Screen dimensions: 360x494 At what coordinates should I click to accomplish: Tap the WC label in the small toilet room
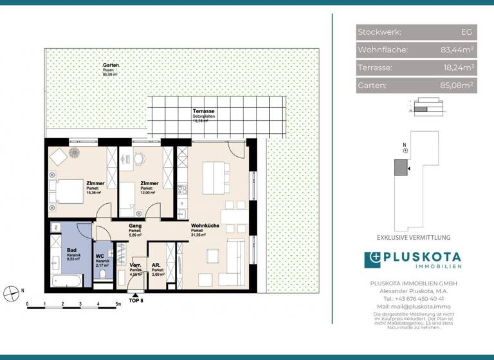click(100, 256)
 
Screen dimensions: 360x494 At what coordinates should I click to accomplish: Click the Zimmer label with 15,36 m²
click(94, 183)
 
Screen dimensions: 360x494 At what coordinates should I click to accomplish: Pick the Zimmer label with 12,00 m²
click(149, 183)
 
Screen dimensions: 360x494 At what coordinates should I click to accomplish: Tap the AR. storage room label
click(156, 265)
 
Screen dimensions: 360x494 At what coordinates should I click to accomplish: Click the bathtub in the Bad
click(67, 280)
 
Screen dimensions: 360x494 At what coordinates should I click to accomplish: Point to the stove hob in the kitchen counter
click(181, 191)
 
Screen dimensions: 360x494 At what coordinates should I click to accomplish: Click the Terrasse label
click(203, 112)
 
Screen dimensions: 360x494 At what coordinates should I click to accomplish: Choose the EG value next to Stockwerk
click(466, 32)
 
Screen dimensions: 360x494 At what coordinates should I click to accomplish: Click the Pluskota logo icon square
click(373, 260)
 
